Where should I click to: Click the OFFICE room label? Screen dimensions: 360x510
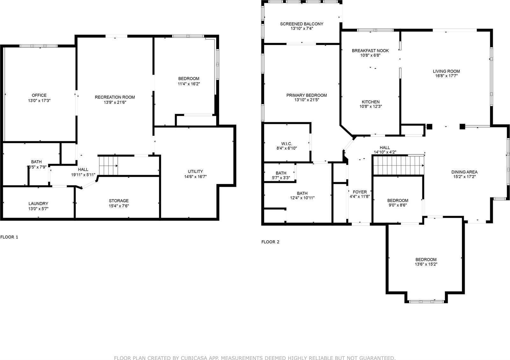click(39, 95)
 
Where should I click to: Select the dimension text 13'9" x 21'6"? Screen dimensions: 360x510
click(115, 102)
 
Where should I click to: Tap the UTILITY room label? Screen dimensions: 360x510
click(195, 171)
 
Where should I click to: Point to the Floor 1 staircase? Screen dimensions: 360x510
click(108, 166)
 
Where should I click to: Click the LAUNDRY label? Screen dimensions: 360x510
click(38, 204)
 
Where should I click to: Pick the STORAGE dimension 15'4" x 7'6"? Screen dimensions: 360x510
click(119, 206)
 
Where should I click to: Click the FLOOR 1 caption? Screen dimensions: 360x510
click(9, 237)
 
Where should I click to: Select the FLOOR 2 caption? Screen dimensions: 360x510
click(270, 242)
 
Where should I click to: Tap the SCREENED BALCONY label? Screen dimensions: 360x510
click(302, 24)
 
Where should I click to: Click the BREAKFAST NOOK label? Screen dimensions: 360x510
click(370, 51)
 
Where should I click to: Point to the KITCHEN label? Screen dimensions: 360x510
click(370, 102)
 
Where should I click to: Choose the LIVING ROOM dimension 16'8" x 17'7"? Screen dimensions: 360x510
click(446, 76)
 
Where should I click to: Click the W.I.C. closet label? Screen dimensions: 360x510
click(287, 144)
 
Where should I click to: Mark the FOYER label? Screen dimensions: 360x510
click(360, 192)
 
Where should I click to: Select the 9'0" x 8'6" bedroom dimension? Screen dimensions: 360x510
click(397, 205)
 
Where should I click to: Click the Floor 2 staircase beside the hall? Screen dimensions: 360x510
click(398, 166)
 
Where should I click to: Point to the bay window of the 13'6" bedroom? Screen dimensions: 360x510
click(426, 301)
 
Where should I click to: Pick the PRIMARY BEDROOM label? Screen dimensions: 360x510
click(306, 95)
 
